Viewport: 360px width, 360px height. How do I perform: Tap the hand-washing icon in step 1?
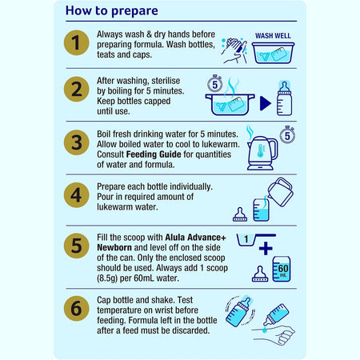click(236, 50)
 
